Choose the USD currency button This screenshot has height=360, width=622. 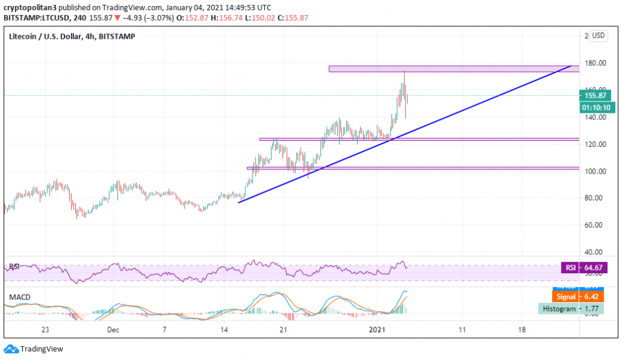point(598,36)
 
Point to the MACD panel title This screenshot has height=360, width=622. point(20,297)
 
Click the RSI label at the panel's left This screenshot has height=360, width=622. point(15,267)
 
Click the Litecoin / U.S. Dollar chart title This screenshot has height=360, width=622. point(72,36)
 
